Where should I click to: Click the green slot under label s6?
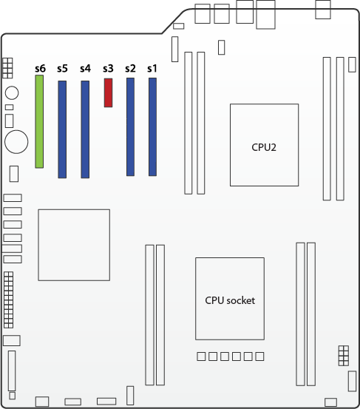pyautogui.click(x=39, y=121)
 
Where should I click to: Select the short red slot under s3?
pyautogui.click(x=108, y=93)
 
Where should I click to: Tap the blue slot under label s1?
pyautogui.click(x=152, y=126)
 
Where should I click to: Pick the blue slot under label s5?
pyautogui.click(x=62, y=129)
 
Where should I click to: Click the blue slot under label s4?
pyautogui.click(x=85, y=129)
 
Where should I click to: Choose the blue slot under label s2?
pyautogui.click(x=130, y=126)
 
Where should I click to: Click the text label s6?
pyautogui.click(x=40, y=68)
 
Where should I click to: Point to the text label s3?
pyautogui.click(x=108, y=68)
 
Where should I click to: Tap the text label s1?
pyautogui.click(x=152, y=68)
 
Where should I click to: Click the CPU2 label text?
pyautogui.click(x=264, y=147)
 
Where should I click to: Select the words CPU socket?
pyautogui.click(x=230, y=300)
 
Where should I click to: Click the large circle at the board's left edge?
pyautogui.click(x=16, y=142)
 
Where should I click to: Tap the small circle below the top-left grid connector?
pyautogui.click(x=12, y=93)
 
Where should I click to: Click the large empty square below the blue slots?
pyautogui.click(x=74, y=245)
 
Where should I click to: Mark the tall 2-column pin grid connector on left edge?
pyautogui.click(x=9, y=300)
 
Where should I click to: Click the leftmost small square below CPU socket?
pyautogui.click(x=201, y=356)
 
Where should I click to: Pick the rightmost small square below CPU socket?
pyautogui.click(x=259, y=356)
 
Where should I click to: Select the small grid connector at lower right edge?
pyautogui.click(x=344, y=356)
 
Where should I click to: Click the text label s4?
pyautogui.click(x=85, y=68)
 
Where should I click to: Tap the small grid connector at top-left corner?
pyautogui.click(x=7, y=68)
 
